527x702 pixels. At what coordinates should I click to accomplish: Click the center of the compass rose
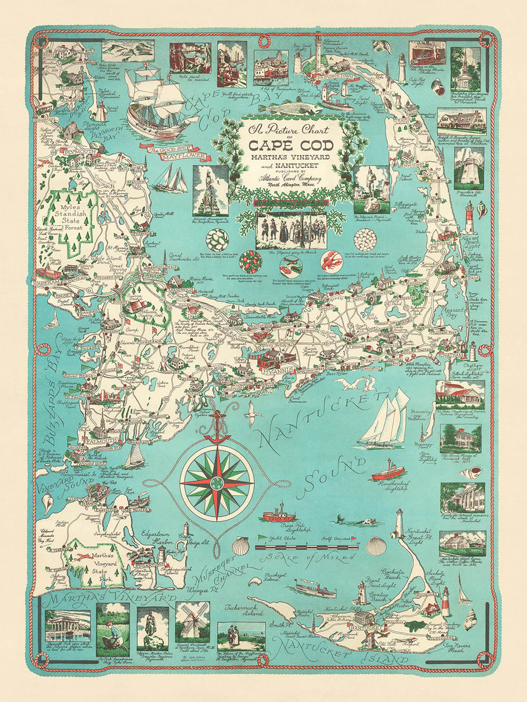pos(217,483)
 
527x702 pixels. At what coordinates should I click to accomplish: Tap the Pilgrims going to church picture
pos(291,231)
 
